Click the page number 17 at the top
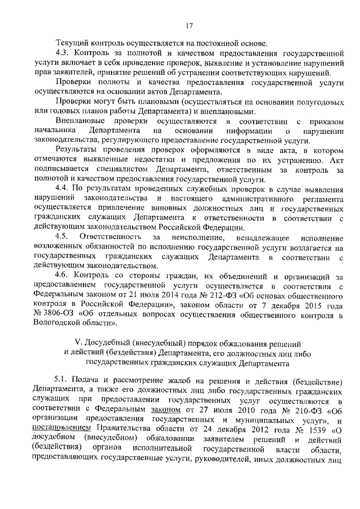coord(188,25)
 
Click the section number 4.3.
coord(62,52)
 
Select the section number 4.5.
coord(62,238)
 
